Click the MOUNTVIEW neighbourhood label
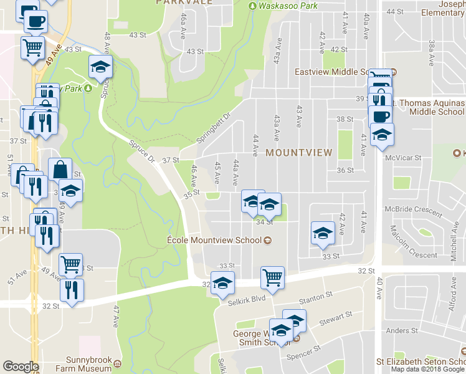tap(299, 152)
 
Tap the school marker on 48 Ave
tap(100, 67)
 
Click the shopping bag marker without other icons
tap(60, 170)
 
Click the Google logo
tap(21, 367)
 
